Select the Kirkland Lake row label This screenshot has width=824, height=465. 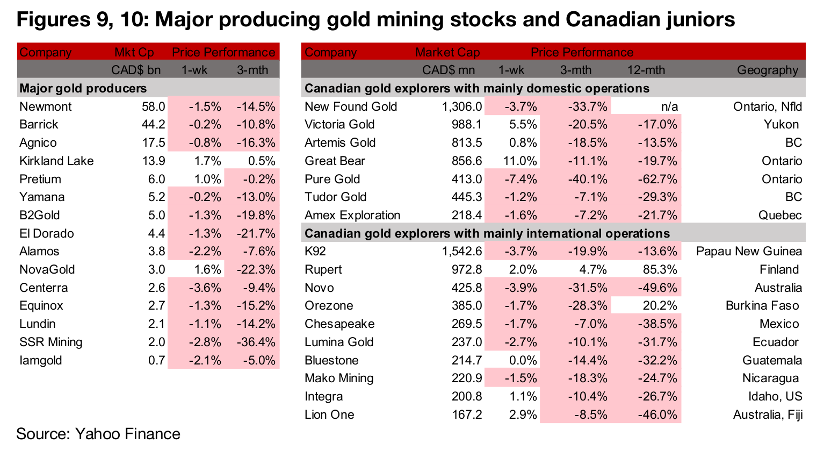(x=56, y=161)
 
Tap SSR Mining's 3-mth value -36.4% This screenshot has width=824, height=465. (x=256, y=342)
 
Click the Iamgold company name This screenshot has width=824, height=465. (x=41, y=360)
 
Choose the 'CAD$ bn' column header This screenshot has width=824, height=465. (x=135, y=70)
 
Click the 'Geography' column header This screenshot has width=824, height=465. (x=768, y=70)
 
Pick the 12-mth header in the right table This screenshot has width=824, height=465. (x=646, y=70)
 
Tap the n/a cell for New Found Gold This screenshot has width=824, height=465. (x=669, y=106)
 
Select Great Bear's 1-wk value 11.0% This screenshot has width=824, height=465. (x=522, y=161)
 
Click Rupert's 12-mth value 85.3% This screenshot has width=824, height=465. (x=660, y=269)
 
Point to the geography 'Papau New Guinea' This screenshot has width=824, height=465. (x=749, y=251)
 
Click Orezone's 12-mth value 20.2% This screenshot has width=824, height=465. (x=660, y=305)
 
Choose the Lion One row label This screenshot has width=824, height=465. (x=329, y=414)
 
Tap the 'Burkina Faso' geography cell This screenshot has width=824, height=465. (x=762, y=305)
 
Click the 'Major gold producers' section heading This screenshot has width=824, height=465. (x=83, y=88)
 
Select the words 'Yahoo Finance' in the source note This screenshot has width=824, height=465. (x=128, y=434)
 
